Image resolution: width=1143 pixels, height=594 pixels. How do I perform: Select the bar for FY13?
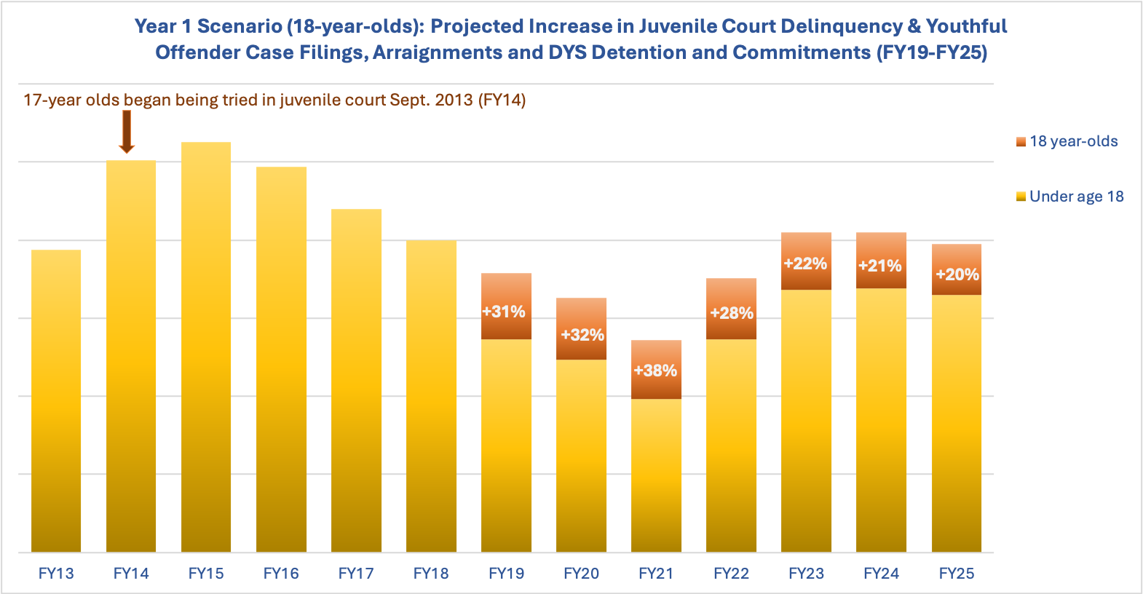coord(56,401)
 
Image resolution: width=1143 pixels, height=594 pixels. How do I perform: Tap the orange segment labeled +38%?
coord(656,370)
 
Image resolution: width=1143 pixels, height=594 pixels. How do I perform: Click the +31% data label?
coord(504,312)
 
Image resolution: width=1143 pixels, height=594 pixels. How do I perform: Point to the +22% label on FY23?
coord(805,264)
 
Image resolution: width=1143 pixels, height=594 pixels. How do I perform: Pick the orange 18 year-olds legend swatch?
coord(1021,142)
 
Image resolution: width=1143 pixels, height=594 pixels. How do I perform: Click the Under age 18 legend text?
coord(1076,197)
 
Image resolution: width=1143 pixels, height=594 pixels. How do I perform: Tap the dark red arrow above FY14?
coord(127,132)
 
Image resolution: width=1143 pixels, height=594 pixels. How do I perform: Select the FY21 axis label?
coord(656,574)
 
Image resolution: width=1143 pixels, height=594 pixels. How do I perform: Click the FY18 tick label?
coord(431,574)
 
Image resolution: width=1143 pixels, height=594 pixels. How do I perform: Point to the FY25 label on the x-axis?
coord(957,574)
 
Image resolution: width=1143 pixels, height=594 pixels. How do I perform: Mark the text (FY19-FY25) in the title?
coord(931,52)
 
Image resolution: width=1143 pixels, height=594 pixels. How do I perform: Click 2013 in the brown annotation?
coord(454,100)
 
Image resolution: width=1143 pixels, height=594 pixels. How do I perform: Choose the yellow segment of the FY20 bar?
coord(581,456)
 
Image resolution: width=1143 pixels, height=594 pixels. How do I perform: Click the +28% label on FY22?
coord(732,313)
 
